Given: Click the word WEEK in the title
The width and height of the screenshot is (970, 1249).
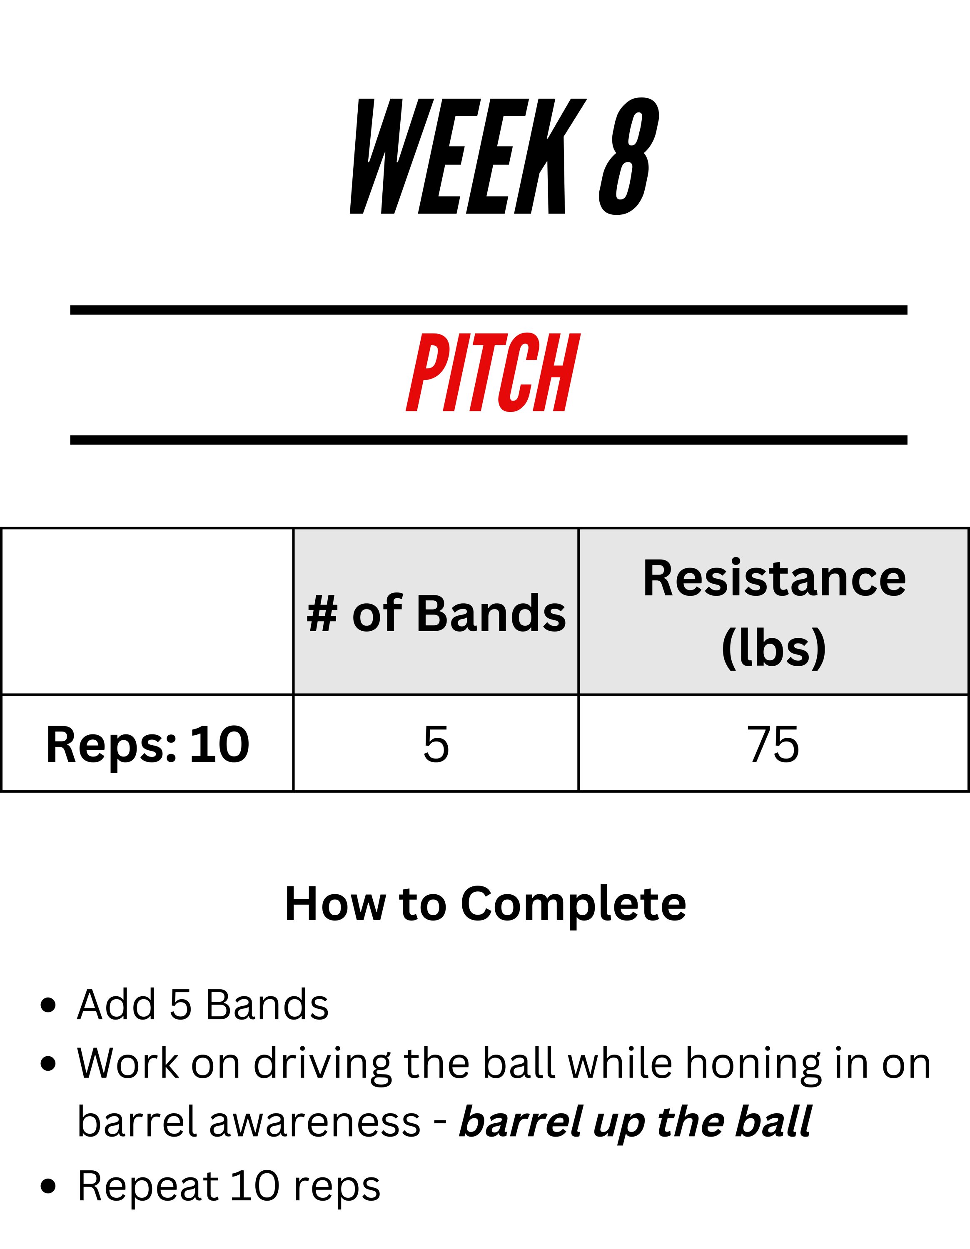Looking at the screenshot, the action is tap(468, 156).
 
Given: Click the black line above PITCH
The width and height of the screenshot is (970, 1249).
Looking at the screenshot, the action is tap(489, 310).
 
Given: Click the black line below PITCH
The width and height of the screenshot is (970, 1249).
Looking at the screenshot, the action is tap(489, 440).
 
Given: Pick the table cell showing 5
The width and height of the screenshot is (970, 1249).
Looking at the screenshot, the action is tap(436, 744).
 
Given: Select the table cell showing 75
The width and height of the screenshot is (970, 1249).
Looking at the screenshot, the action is tap(774, 744).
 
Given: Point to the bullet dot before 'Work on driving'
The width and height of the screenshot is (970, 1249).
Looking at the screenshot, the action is tap(49, 1064).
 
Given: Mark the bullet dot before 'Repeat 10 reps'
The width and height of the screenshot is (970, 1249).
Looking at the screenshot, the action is tap(49, 1187).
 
